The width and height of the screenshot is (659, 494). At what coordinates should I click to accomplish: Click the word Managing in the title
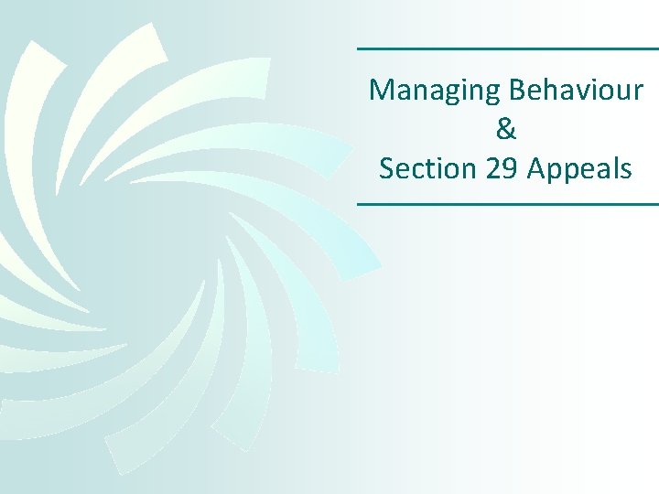422,91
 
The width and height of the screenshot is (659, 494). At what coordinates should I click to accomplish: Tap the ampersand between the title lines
506,129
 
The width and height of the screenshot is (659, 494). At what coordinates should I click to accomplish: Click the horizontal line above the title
507,48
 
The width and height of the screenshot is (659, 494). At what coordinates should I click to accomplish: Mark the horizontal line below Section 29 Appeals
507,204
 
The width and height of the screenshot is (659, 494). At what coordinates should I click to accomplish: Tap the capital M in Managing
379,91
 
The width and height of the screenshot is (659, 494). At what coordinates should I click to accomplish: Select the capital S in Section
386,168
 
